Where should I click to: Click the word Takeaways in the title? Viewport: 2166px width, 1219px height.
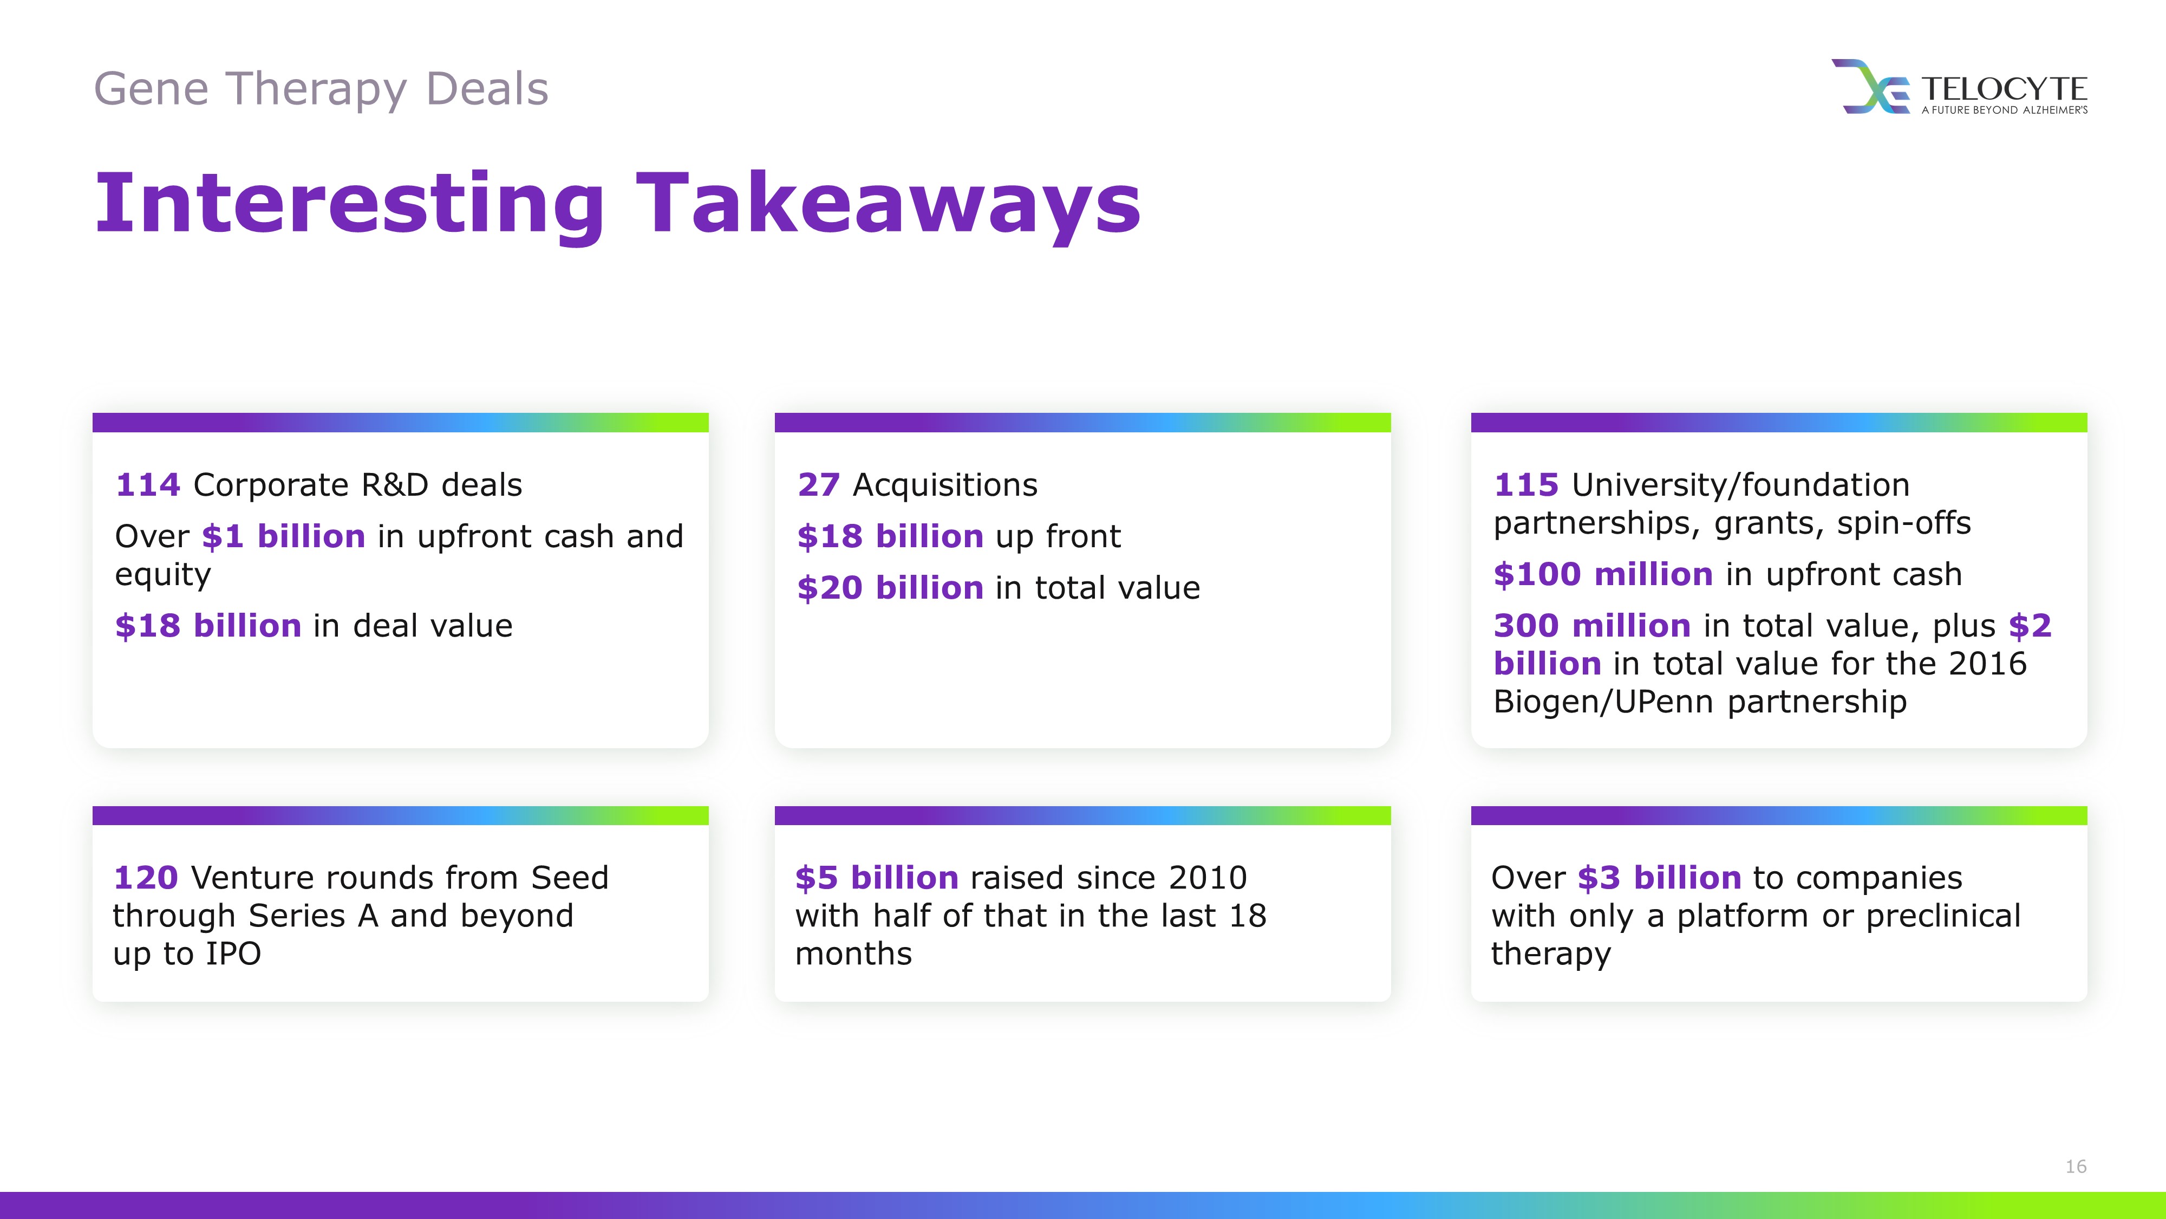(x=888, y=204)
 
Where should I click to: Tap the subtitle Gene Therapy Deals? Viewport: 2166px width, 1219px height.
(x=321, y=89)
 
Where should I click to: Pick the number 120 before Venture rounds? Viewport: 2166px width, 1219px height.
(x=146, y=878)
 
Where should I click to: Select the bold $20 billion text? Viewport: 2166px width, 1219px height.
(x=890, y=587)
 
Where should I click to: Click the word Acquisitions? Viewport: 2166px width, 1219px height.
(x=945, y=485)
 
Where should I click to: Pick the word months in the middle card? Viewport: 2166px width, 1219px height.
(x=853, y=954)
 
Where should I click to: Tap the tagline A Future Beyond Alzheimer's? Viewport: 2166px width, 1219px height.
(x=2005, y=109)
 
